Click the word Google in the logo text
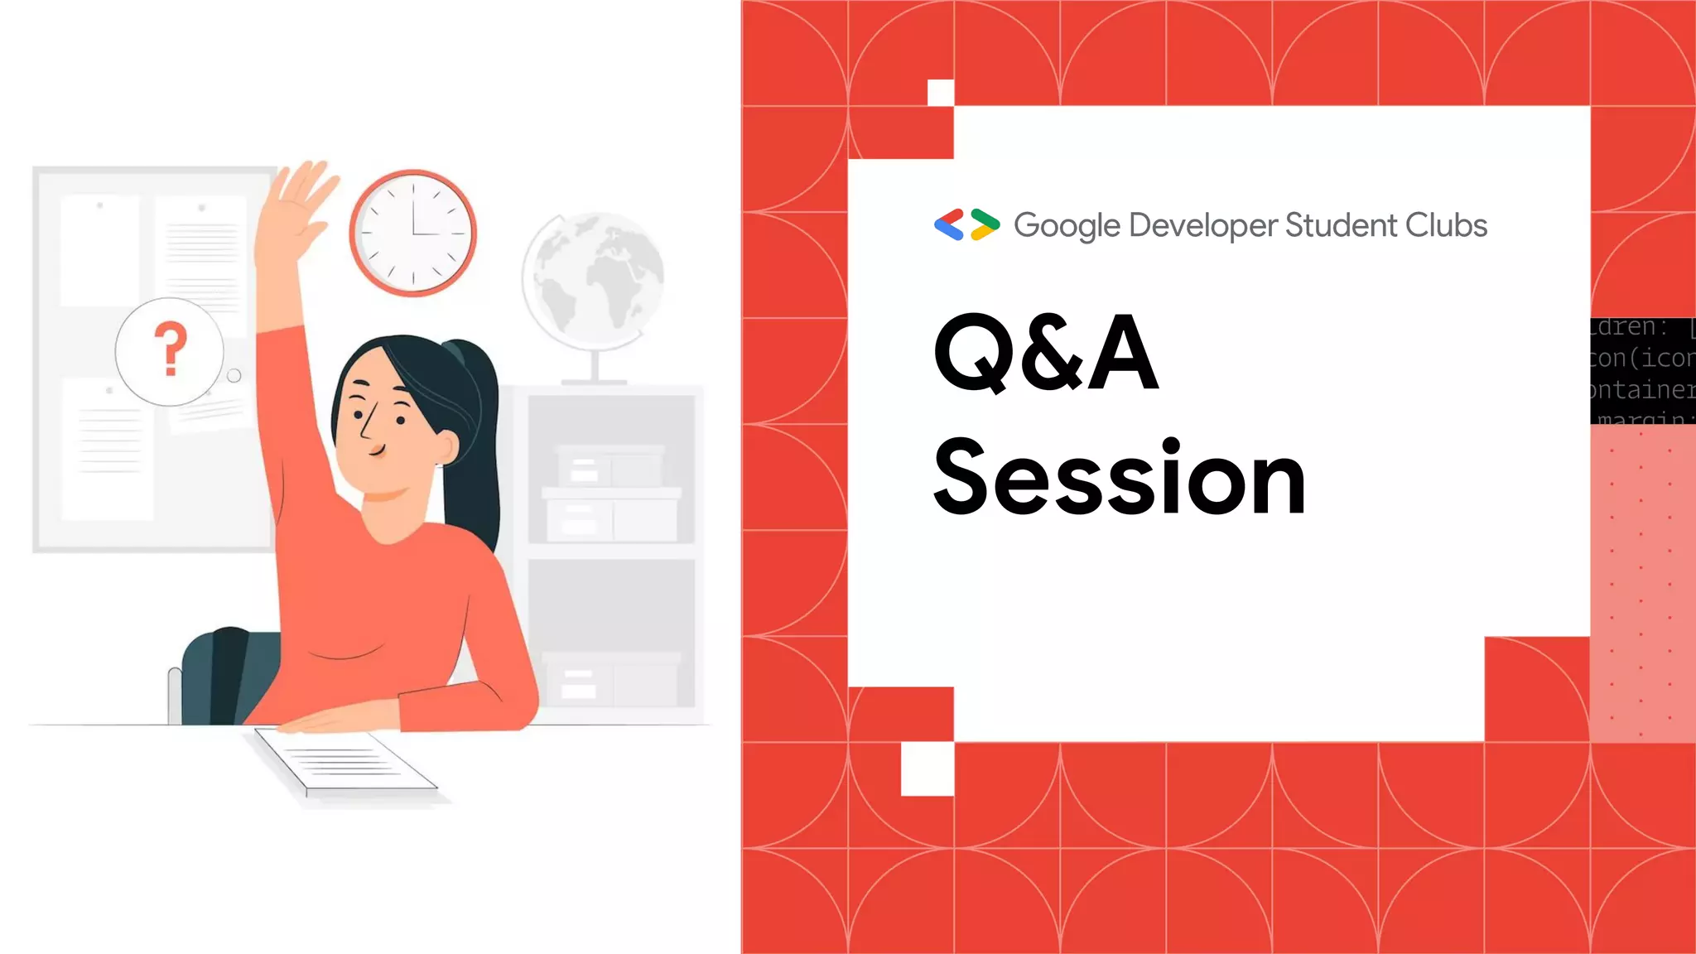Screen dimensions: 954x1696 point(1067,226)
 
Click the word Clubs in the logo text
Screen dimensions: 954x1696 point(1446,225)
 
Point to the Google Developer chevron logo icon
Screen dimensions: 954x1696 point(966,224)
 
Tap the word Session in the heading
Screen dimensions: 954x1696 point(1120,479)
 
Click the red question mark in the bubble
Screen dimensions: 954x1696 point(171,349)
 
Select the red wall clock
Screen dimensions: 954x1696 point(412,233)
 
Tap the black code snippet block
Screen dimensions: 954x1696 point(1642,371)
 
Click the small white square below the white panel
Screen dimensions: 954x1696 point(927,768)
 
